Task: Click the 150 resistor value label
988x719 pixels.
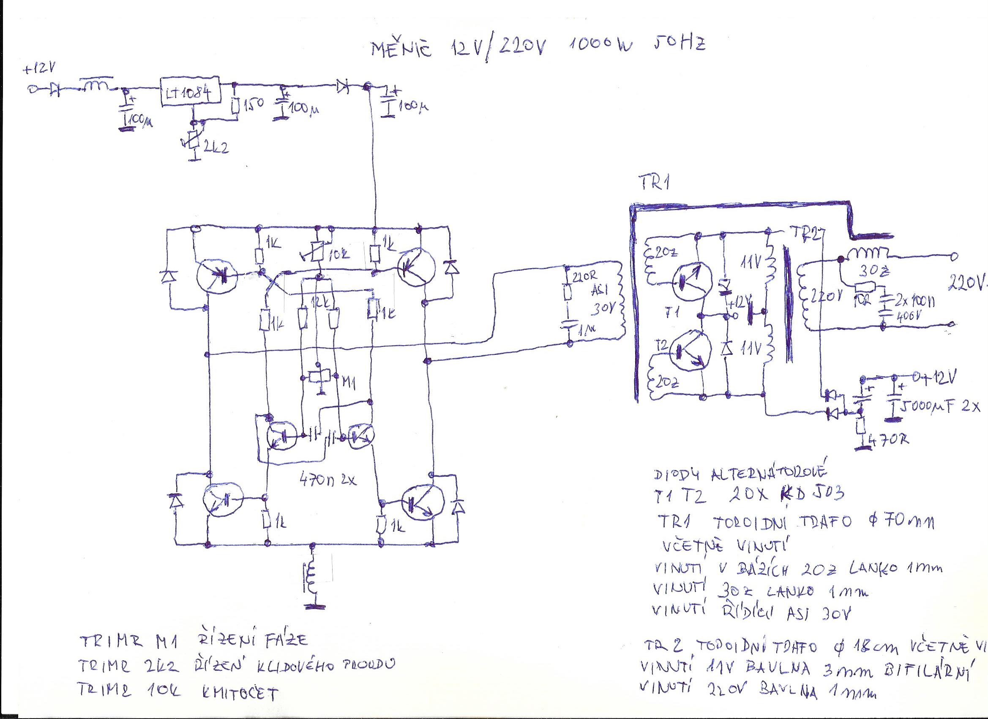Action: tap(254, 104)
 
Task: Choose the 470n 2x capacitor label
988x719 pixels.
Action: tap(328, 480)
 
